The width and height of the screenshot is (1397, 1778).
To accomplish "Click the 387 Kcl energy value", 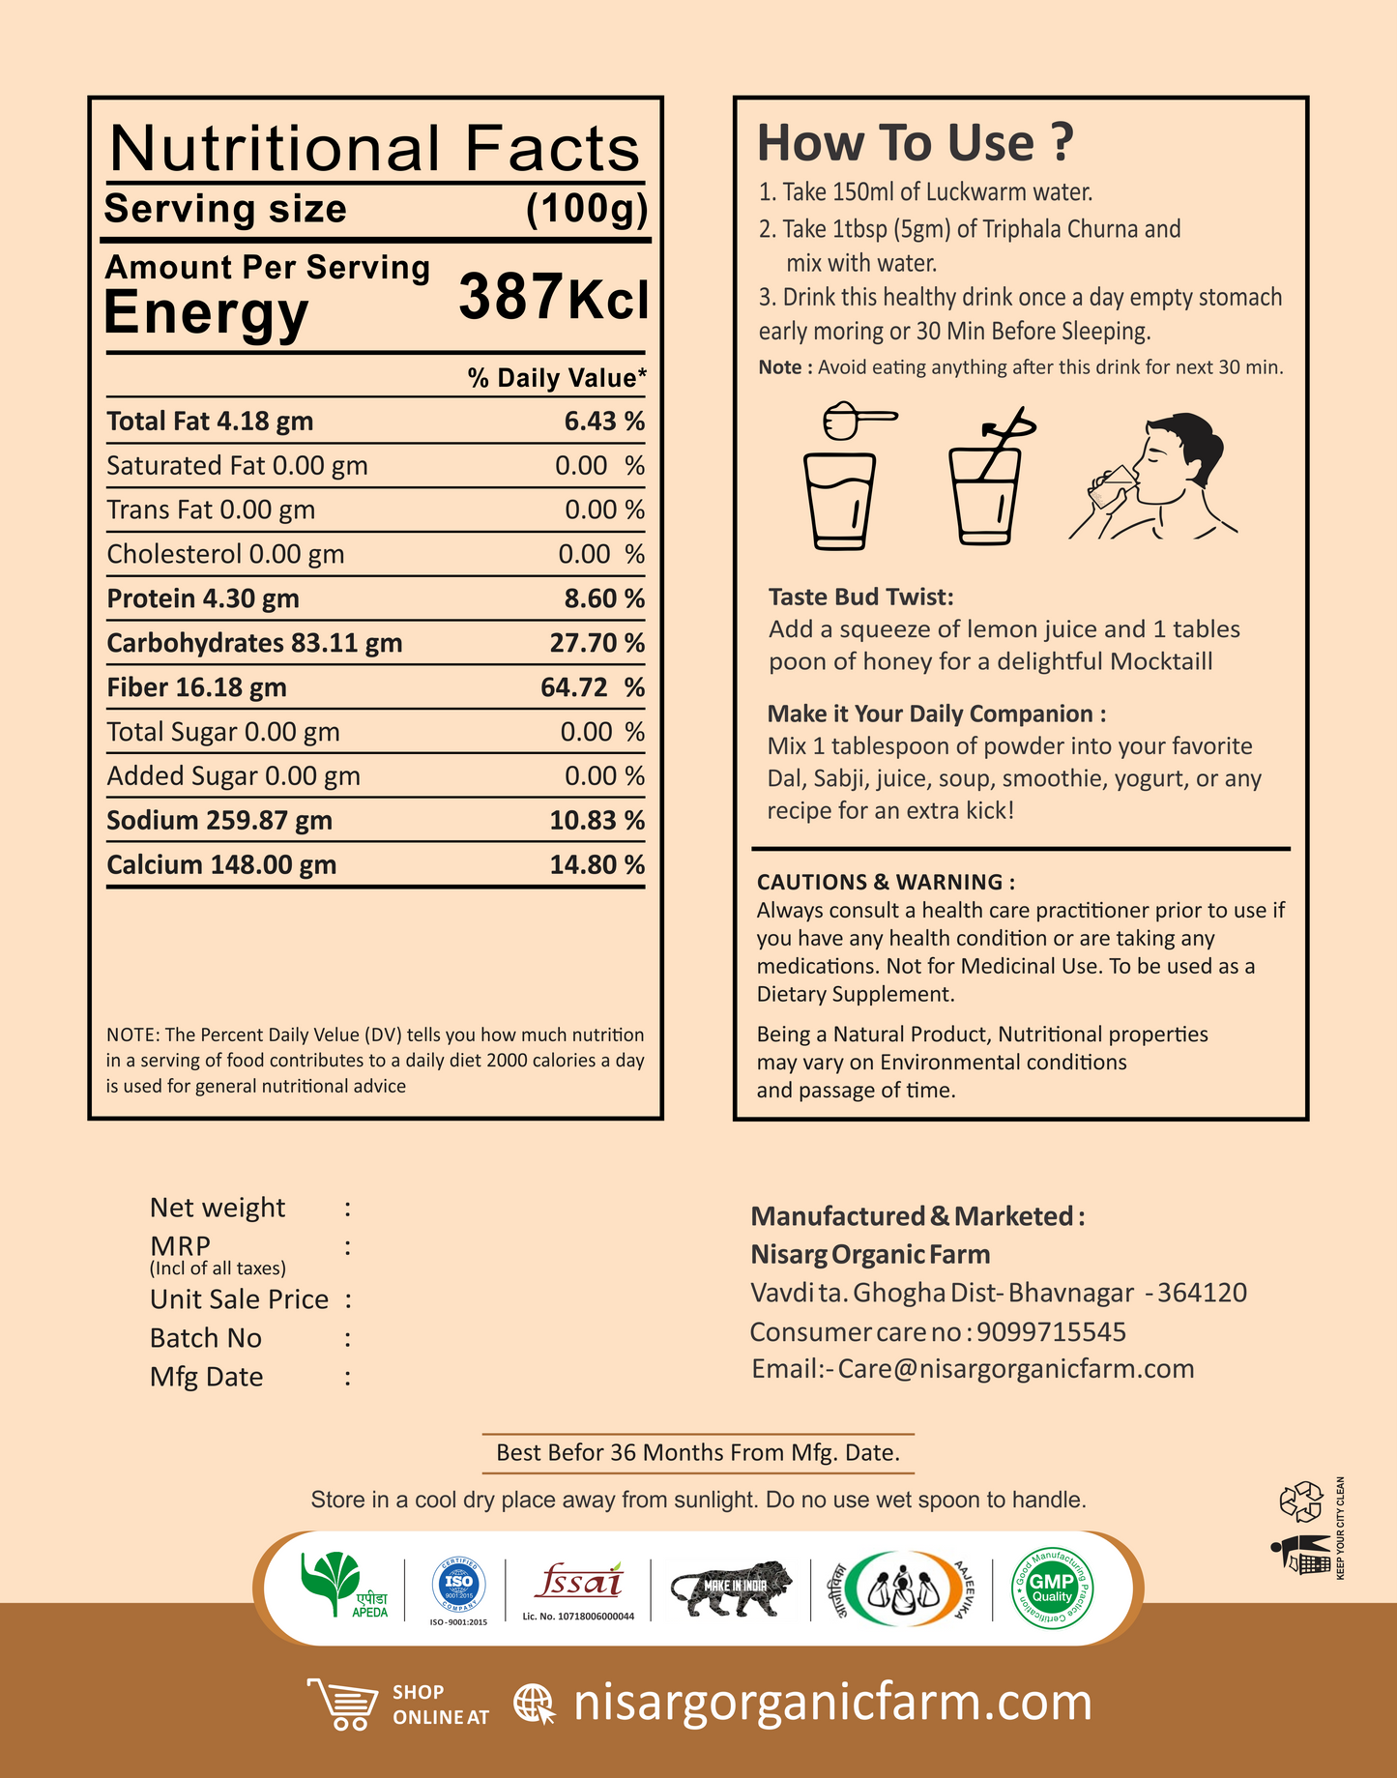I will [552, 298].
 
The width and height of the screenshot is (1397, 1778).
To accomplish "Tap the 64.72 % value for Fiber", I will [592, 687].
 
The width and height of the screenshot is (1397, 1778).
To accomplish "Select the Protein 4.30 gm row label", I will [203, 598].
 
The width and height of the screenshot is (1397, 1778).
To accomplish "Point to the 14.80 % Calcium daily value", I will [597, 864].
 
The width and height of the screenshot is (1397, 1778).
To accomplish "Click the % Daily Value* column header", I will [557, 377].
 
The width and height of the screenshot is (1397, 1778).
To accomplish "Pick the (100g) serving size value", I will [586, 209].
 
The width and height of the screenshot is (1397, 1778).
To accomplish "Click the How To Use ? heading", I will [915, 143].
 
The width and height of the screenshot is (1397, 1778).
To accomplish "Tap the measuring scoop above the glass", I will [859, 421].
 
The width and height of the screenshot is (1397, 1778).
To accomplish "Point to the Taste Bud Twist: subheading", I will [860, 597].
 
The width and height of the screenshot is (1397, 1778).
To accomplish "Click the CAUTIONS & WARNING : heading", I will [886, 882].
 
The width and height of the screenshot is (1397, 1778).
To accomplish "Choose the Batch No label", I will [206, 1338].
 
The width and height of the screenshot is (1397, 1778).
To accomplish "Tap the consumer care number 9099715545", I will [1051, 1331].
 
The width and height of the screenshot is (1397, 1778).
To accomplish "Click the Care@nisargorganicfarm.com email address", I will [1015, 1369].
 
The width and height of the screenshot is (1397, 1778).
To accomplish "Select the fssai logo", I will [578, 1583].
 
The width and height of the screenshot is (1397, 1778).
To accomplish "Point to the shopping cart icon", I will [343, 1703].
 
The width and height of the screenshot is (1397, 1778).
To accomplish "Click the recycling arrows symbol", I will [1300, 1501].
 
